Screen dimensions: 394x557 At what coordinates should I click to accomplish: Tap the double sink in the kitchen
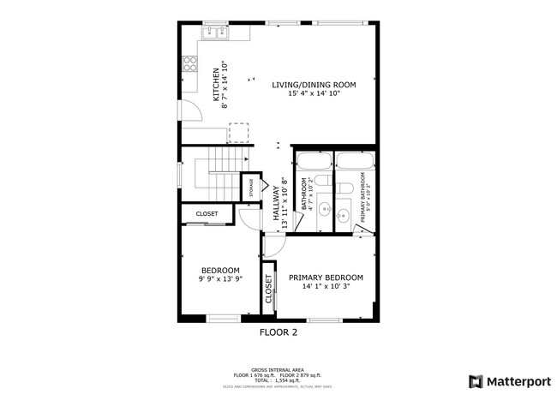pyautogui.click(x=214, y=32)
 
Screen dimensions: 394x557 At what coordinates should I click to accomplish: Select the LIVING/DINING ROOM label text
pyautogui.click(x=314, y=85)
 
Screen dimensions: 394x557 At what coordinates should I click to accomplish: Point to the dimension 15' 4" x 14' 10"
pyautogui.click(x=314, y=94)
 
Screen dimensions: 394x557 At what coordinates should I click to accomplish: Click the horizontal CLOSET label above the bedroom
pyautogui.click(x=207, y=214)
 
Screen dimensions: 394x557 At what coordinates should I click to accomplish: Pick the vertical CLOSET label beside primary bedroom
pyautogui.click(x=268, y=290)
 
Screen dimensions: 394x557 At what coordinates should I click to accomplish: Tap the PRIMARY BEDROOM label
pyautogui.click(x=326, y=278)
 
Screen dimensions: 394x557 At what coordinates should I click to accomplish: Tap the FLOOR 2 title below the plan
pyautogui.click(x=278, y=331)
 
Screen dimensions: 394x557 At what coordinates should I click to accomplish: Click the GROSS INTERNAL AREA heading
pyautogui.click(x=278, y=369)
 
